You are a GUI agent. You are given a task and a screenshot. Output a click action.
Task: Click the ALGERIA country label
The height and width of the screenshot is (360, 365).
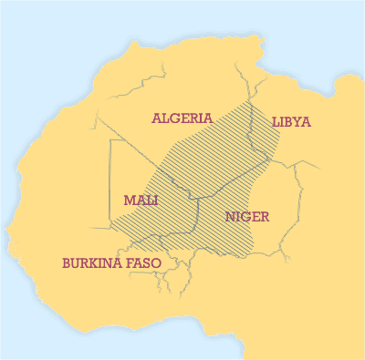click(182, 118)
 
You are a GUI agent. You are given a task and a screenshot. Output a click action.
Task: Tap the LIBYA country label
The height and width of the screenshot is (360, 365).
click(291, 122)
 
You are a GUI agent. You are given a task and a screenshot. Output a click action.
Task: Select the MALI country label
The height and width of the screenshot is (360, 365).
click(141, 200)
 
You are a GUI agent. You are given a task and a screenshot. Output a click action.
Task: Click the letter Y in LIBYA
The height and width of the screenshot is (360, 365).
click(298, 122)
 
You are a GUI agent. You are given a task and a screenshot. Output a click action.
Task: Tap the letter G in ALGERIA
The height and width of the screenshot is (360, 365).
click(175, 118)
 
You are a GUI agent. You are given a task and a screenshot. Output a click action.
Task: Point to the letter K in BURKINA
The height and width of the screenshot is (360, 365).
click(98, 262)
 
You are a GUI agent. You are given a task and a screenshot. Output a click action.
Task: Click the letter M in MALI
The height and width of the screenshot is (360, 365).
click(128, 200)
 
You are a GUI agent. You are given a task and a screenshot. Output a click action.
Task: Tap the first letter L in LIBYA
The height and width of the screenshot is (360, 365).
click(275, 122)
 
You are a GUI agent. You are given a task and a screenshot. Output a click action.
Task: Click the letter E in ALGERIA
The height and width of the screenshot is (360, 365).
click(185, 118)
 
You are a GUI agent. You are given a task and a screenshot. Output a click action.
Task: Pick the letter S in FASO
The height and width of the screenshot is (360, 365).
click(150, 262)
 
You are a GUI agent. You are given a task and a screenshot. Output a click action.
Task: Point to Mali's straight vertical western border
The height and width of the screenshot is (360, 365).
click(109, 182)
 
